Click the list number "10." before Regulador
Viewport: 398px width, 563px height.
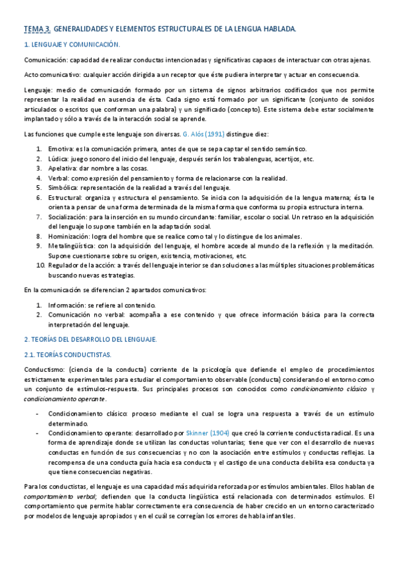[39, 266]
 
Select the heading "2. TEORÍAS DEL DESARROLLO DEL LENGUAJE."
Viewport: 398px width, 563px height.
[90, 339]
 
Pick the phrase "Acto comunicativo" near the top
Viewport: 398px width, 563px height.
[51, 74]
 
